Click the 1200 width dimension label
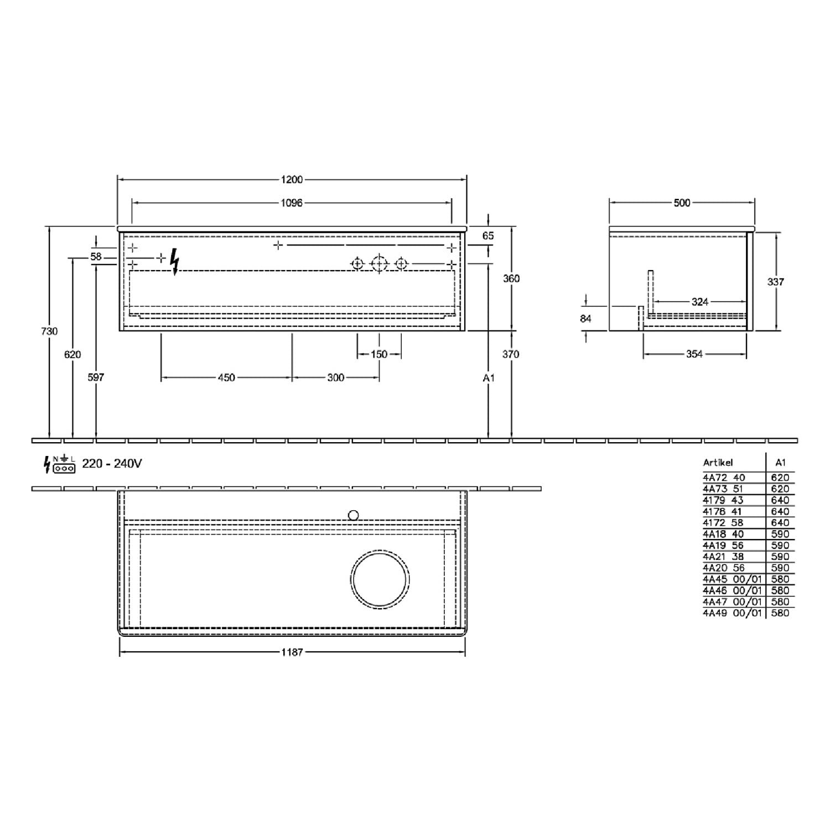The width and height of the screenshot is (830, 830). [x=292, y=179]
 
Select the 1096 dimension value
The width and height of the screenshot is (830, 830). [x=292, y=203]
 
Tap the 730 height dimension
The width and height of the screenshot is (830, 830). [x=49, y=331]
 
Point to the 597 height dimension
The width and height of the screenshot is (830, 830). [x=96, y=377]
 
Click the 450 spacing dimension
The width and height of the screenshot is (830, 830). [x=226, y=378]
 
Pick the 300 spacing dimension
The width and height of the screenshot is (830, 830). [x=336, y=378]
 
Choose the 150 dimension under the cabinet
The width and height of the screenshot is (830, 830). [x=379, y=354]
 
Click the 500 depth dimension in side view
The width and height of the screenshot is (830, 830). [x=682, y=203]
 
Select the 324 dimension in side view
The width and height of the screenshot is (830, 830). [x=700, y=302]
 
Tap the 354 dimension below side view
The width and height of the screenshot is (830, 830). [x=694, y=354]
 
